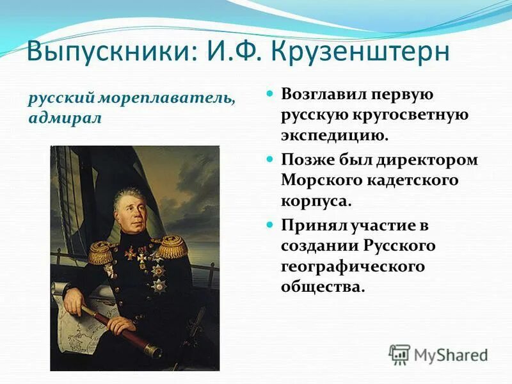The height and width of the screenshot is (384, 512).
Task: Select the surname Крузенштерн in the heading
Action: pos(358,52)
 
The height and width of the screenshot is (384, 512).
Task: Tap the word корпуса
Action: pos(316,200)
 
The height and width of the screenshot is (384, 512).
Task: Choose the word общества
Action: pos(323,287)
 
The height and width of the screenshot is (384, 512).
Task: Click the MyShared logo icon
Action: pos(400,354)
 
